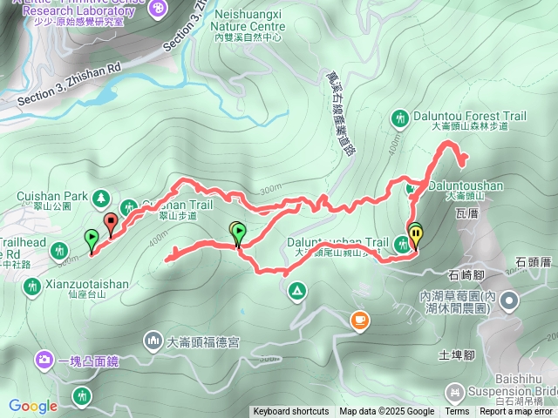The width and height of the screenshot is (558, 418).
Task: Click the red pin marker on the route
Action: click(111, 224)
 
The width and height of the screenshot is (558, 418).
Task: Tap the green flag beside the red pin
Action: click(92, 237)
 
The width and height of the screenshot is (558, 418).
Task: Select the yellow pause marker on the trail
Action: click(415, 233)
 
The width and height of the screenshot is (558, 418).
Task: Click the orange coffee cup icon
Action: click(359, 320)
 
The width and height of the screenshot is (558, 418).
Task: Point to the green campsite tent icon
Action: click(297, 290)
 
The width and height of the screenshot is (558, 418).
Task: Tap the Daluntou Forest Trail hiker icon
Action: click(400, 118)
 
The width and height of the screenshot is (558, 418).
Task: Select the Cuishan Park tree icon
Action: click(103, 198)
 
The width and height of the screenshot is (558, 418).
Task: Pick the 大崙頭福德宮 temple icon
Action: click(153, 339)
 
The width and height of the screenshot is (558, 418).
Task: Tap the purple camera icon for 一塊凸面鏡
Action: click(44, 359)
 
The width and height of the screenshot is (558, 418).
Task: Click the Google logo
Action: click(33, 406)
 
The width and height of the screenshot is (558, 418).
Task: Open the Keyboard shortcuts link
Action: click(290, 412)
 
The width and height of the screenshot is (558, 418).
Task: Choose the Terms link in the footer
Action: click(457, 412)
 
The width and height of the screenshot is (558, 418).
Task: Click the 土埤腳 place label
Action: click(456, 355)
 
